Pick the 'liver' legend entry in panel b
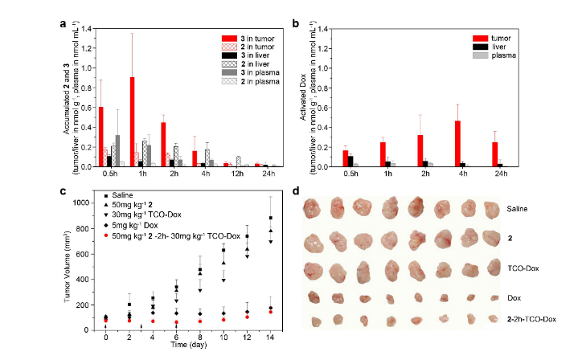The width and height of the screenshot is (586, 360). pyautogui.click(x=494, y=47)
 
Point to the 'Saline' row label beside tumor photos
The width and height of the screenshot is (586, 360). pyautogui.click(x=519, y=208)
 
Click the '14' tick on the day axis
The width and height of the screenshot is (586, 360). pyautogui.click(x=269, y=337)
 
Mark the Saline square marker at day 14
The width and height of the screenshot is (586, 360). pyautogui.click(x=270, y=218)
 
